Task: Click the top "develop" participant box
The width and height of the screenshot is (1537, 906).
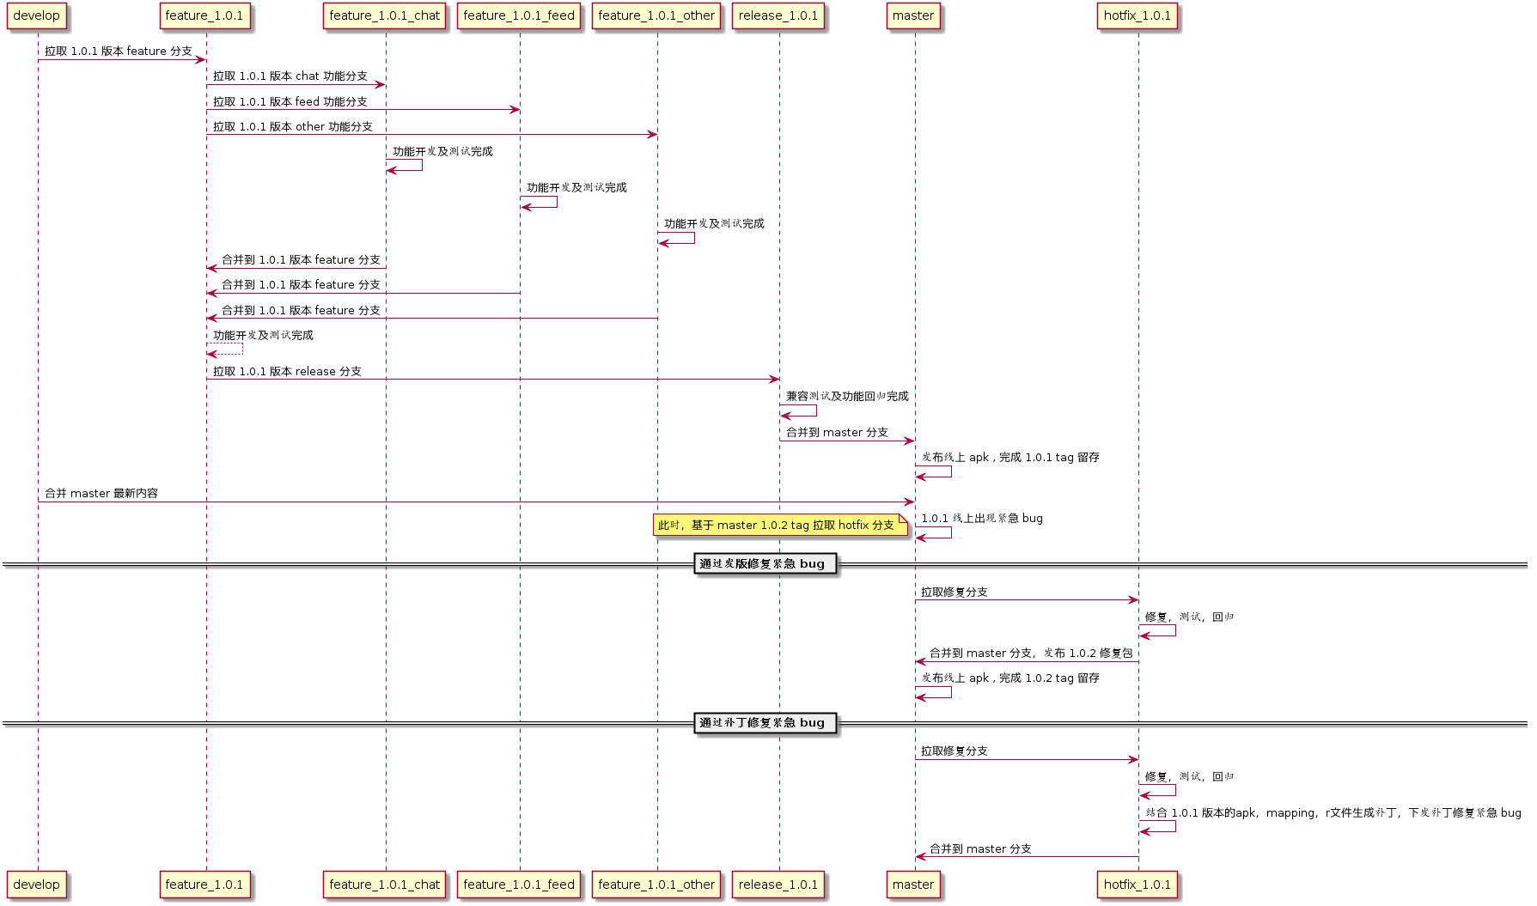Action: [x=37, y=16]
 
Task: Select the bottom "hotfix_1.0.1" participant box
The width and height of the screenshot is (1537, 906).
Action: [x=1137, y=885]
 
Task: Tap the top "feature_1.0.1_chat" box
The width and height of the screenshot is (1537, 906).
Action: [x=384, y=16]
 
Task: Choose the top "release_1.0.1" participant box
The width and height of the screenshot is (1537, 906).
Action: [x=778, y=16]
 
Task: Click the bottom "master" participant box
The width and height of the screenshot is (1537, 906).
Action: [x=912, y=885]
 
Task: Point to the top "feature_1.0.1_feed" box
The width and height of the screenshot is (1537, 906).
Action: [x=519, y=16]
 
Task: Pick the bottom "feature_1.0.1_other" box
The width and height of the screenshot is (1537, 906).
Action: [x=656, y=885]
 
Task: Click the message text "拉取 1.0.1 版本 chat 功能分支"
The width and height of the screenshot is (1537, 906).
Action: [x=290, y=76]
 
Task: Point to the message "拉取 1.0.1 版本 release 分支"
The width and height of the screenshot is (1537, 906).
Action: [x=287, y=372]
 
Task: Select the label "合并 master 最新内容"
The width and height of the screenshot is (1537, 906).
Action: [x=101, y=494]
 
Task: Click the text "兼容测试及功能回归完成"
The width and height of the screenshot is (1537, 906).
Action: [x=847, y=397]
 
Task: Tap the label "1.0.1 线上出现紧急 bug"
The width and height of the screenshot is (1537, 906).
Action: [x=982, y=519]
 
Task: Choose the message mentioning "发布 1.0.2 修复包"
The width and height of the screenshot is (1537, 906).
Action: [x=1030, y=654]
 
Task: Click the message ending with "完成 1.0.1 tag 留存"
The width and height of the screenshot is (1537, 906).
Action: [x=1010, y=458]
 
